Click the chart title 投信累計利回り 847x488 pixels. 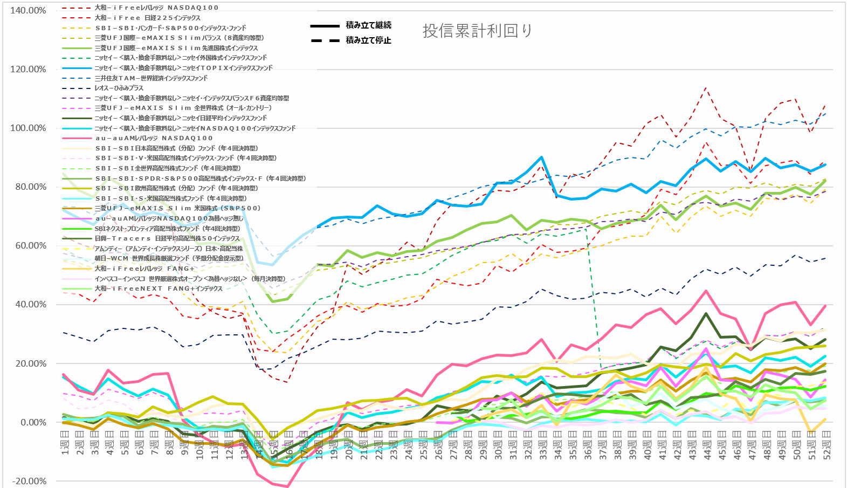[478, 31]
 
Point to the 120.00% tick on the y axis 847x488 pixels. [28, 69]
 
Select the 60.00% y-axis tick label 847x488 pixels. [28, 245]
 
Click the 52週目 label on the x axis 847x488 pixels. [826, 445]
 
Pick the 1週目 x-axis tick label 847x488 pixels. [65, 445]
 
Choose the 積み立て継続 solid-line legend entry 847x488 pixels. [368, 25]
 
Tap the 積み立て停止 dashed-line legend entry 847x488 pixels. [368, 40]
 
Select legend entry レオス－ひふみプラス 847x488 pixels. [119, 88]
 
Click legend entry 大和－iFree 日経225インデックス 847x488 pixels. [147, 18]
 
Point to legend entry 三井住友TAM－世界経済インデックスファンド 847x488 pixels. [151, 78]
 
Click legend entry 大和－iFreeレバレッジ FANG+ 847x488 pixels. [144, 269]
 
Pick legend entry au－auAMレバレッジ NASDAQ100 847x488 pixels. [154, 138]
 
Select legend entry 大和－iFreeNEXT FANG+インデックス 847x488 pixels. [159, 288]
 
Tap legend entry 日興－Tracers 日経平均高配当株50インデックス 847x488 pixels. [167, 238]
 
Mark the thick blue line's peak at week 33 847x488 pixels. [541, 157]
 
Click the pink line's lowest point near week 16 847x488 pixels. [288, 486]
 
